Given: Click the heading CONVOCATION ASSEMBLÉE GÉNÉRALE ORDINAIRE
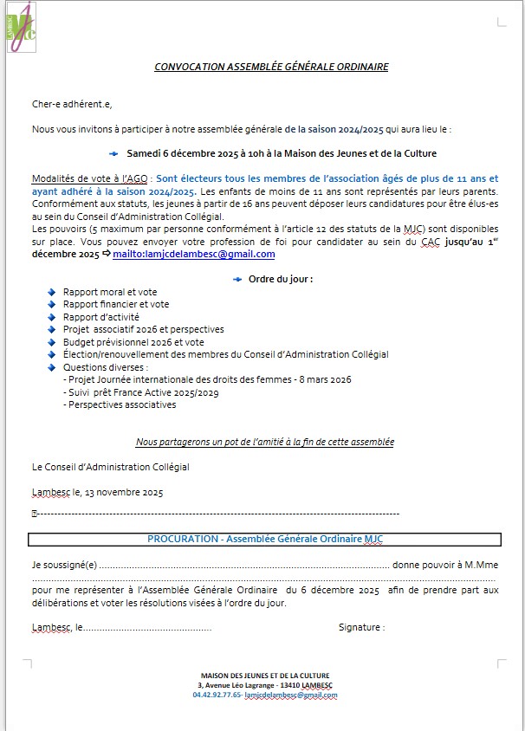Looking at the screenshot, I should (x=271, y=67).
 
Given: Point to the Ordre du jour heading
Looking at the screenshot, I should (x=280, y=279).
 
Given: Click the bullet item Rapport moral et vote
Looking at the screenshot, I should (x=110, y=292).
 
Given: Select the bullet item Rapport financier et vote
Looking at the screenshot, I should (x=116, y=304).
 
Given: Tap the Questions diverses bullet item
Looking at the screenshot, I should (x=106, y=367).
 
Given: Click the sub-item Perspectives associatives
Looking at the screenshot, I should (x=122, y=404).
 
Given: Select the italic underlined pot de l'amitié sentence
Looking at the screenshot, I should (x=265, y=442).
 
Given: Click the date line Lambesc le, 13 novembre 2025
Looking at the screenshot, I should (x=97, y=492).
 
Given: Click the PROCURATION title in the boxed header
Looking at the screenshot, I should (x=264, y=539).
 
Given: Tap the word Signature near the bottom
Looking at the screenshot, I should (x=361, y=626).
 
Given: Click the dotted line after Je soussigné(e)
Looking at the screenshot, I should (x=243, y=565).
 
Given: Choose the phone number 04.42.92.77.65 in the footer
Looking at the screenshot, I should (x=217, y=695).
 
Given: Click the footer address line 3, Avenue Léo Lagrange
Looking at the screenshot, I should (x=264, y=685).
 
